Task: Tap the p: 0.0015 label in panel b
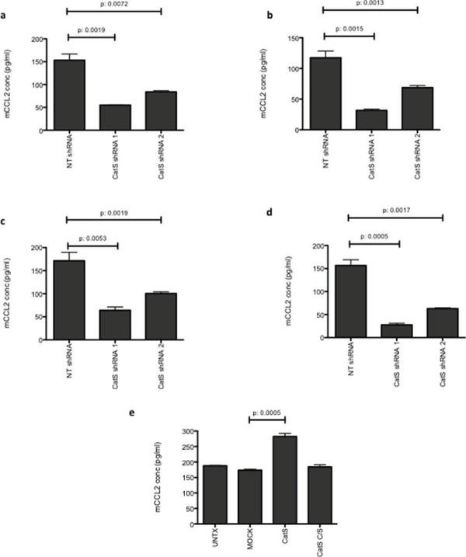pyautogui.click(x=348, y=27)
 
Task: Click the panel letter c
pyautogui.click(x=5, y=220)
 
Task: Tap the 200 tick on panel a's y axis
pyautogui.click(x=35, y=39)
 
